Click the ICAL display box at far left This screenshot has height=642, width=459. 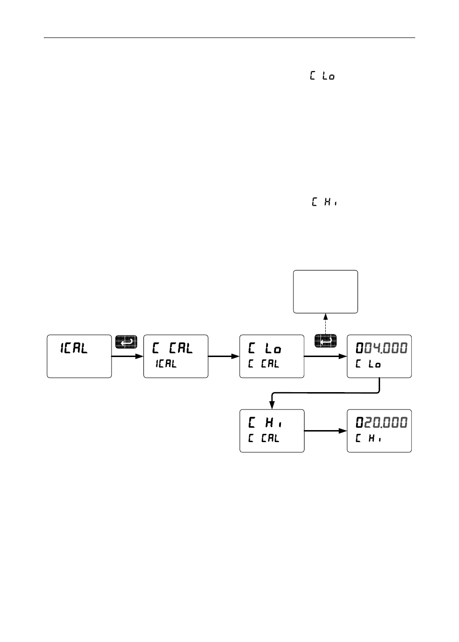tap(79, 356)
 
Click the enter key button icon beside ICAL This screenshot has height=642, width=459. tap(126, 342)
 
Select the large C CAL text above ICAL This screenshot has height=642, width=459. tap(172, 348)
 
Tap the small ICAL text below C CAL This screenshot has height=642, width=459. tap(166, 364)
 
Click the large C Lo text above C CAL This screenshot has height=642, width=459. tap(265, 349)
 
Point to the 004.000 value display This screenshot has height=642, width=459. tap(381, 348)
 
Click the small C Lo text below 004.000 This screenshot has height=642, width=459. tap(368, 364)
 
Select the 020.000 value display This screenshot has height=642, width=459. tap(381, 423)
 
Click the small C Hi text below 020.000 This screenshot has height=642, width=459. tap(368, 439)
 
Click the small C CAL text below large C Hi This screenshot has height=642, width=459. tap(264, 439)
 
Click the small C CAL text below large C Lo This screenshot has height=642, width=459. tap(264, 364)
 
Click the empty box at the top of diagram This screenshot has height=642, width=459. tap(325, 292)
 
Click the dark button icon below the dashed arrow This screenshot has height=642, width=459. tap(326, 342)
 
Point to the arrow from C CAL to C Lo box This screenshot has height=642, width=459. tap(224, 357)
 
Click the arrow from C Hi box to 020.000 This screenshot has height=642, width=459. tap(325, 431)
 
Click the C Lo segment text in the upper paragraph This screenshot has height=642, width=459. tap(322, 76)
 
